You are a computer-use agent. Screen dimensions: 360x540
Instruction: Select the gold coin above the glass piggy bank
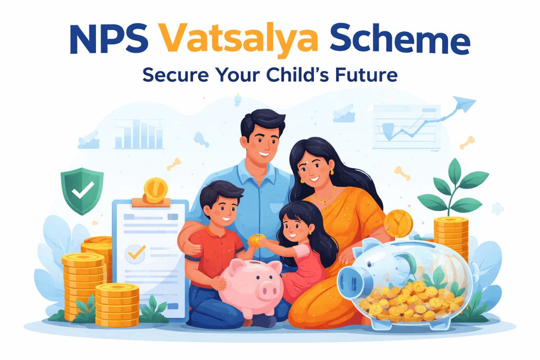[398, 223]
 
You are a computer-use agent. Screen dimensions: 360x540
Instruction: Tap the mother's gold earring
[331, 172]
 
